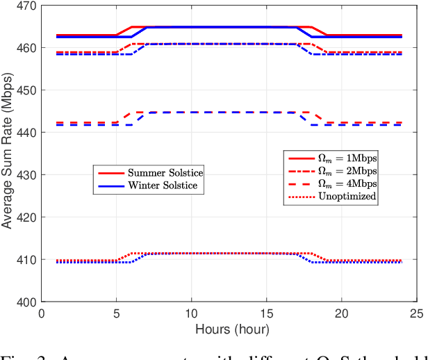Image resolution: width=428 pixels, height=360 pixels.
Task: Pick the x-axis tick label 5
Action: tap(117, 313)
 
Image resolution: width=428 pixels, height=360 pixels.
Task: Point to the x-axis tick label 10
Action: tap(192, 313)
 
